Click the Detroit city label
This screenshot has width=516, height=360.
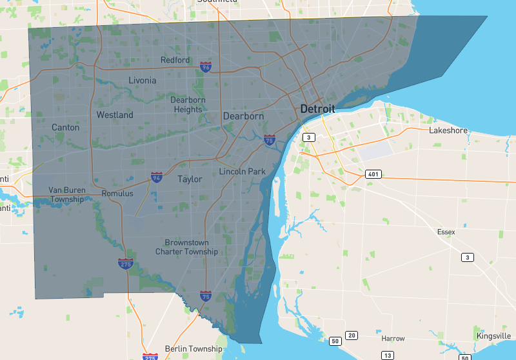point(317,110)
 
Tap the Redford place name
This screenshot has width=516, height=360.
point(175,60)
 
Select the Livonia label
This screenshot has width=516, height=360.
point(142,81)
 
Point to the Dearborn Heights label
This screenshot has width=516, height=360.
point(186,105)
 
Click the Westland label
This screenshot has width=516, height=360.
point(115,115)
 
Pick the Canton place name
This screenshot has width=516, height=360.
point(66,127)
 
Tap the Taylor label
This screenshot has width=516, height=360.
point(190,179)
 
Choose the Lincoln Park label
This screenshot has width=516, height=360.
point(243,172)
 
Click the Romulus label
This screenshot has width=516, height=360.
point(117,194)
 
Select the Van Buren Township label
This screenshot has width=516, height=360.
point(66,194)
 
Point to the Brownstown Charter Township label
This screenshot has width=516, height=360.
point(186,247)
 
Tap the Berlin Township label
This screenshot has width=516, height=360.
point(193,349)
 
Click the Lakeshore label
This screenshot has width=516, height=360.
point(448,130)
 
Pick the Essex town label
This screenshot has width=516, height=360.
point(446,232)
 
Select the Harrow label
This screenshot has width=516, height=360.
point(393,338)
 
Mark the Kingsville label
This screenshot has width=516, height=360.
point(493,336)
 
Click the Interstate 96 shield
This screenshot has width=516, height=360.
point(205,67)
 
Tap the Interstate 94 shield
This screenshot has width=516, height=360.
point(156,177)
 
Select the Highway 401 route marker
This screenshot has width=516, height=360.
point(372,174)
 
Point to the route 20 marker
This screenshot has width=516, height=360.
point(352,335)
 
